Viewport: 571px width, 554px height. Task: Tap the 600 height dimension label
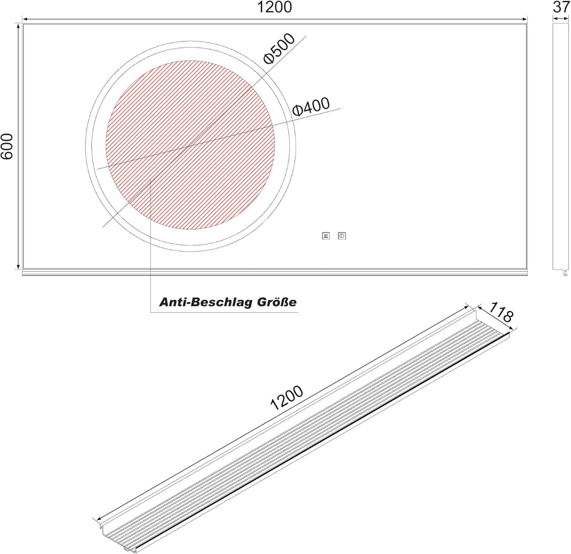coord(7,146)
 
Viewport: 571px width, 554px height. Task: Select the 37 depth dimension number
coord(560,7)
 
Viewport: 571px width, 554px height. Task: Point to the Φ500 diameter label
coord(279,49)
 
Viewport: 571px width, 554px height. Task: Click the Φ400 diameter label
coord(311,107)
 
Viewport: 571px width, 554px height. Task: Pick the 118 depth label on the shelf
coord(500,312)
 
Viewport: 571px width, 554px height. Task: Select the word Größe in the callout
coord(278,302)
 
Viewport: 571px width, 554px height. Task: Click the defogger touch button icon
coord(326,236)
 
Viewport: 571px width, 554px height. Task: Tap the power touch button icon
coord(342,236)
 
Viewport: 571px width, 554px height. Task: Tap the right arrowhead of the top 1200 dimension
coord(525,20)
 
